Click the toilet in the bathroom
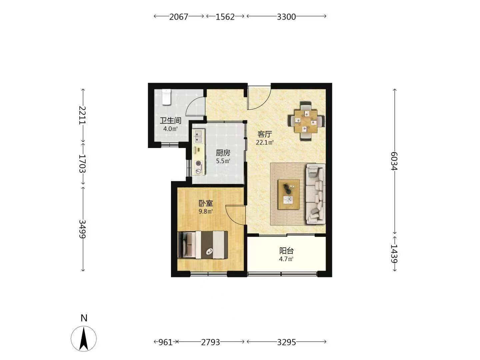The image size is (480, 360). pos(166,97)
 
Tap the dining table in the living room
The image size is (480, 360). pos(305,121)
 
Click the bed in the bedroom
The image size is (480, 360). pos(203,245)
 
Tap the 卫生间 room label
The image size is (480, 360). pos(171,121)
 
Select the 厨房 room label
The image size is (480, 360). pos(223,153)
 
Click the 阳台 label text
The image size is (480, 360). pos(286,251)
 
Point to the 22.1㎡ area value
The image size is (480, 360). pos(265,143)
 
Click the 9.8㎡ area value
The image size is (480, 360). pos(206,211)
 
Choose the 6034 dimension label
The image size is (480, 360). pos(394,161)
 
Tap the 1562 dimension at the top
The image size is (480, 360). pos(225,17)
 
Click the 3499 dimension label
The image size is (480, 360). pos(83,229)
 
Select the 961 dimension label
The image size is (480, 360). pos(165,342)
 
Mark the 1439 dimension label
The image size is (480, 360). pos(394,254)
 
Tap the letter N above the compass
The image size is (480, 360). pos(84,318)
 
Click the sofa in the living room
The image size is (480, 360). pos(316,194)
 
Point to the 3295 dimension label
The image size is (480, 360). pos(286,342)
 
